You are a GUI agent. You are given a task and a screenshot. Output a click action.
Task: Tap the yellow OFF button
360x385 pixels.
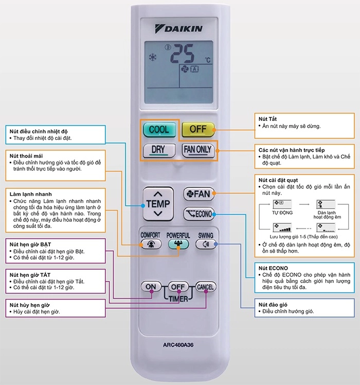[x=198, y=129]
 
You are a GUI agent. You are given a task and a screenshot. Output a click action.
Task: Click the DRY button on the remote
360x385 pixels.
[x=158, y=150]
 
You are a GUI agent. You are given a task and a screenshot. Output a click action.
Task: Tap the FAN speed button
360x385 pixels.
[x=199, y=194]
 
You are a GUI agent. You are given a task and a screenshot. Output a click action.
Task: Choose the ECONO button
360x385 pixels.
[x=199, y=213]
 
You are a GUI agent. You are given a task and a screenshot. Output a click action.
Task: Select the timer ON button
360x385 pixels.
[x=151, y=287]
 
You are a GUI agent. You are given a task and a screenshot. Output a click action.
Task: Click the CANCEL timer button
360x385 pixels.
[x=205, y=287]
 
